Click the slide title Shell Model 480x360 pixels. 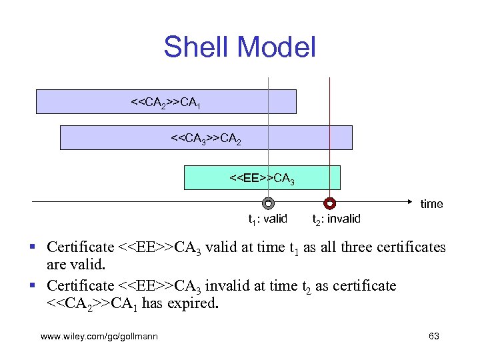point(239,47)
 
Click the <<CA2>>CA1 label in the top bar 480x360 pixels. point(166,103)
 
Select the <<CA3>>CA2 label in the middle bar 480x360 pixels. point(206,139)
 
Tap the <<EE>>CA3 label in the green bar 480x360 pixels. point(262,179)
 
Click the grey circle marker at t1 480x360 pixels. point(268,203)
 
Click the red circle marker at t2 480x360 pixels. point(329,203)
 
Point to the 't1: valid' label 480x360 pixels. point(267,219)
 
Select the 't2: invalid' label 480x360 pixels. point(336,219)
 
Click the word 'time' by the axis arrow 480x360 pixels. point(431,204)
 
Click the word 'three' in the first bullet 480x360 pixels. point(349,247)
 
